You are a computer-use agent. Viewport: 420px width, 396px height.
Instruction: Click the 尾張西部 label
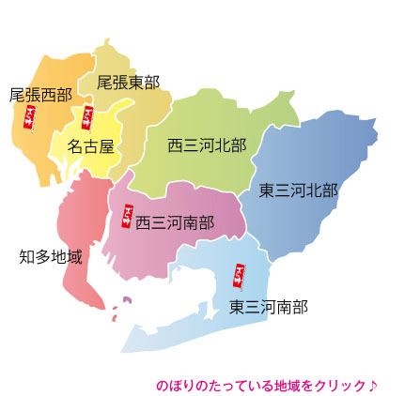pos(40,95)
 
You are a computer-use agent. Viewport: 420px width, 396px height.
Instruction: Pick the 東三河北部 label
pos(299,190)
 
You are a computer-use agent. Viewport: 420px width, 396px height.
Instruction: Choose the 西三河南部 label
pos(175,223)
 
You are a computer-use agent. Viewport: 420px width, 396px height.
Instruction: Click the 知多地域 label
pos(51,255)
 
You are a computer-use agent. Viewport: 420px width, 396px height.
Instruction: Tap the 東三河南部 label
pos(269,306)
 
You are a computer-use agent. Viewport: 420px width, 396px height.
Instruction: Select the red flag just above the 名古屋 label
pos(87,118)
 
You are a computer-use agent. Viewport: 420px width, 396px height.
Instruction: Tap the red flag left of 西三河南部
pos(128,217)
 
